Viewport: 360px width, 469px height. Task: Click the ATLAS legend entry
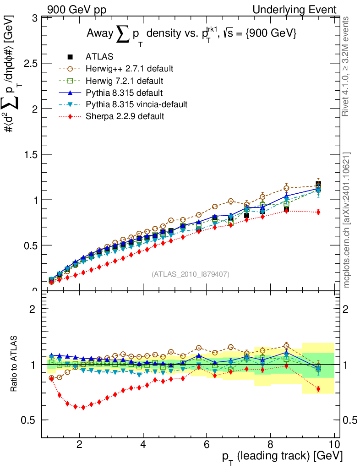coord(99,57)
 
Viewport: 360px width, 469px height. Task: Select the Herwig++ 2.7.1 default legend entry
coord(129,69)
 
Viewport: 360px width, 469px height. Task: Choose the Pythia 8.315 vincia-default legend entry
coord(136,104)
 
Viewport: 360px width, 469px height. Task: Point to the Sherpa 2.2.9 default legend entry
coord(125,116)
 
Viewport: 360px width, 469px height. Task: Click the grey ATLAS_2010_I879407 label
coord(191,274)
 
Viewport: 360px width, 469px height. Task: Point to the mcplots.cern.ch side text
coord(347,220)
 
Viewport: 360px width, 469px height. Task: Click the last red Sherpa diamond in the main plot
coord(318,212)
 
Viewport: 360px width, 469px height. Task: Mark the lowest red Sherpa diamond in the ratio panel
coord(83,407)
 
